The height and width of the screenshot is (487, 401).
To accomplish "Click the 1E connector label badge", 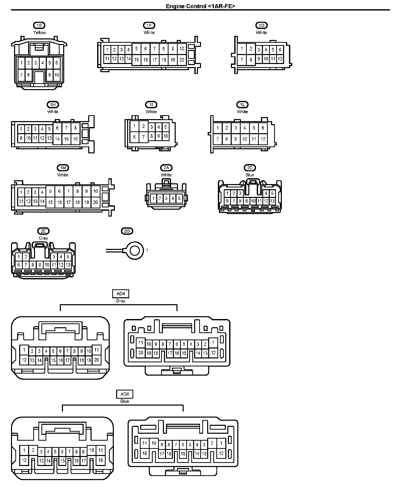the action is (x=39, y=25).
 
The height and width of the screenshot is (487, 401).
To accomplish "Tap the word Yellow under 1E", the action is (x=39, y=33).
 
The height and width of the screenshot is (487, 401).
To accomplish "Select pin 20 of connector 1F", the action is (x=182, y=60).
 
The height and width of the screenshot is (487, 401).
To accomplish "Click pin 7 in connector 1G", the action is (x=242, y=60).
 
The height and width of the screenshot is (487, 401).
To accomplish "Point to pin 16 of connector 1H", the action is (x=75, y=139).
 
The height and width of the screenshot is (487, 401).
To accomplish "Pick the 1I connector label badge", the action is (x=151, y=104).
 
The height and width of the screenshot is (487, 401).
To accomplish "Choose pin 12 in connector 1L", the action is (x=263, y=139).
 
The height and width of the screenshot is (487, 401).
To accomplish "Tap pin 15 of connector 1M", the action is (x=50, y=202).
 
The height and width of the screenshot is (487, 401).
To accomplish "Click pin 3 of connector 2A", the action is (x=166, y=198).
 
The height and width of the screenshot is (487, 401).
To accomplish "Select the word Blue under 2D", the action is (x=250, y=175).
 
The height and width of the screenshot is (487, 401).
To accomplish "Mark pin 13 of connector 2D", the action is (x=272, y=201).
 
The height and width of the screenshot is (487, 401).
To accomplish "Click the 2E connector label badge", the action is (x=43, y=231).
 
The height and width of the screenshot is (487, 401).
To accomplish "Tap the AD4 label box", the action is (x=120, y=294).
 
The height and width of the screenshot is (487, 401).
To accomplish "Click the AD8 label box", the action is (x=125, y=394).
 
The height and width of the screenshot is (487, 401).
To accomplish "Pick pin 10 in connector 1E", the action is (x=57, y=75).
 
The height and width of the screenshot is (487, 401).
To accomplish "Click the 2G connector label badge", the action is (x=127, y=231).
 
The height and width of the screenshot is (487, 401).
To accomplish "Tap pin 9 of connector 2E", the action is (x=40, y=265).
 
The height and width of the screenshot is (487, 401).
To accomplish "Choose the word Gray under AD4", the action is (x=120, y=301).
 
